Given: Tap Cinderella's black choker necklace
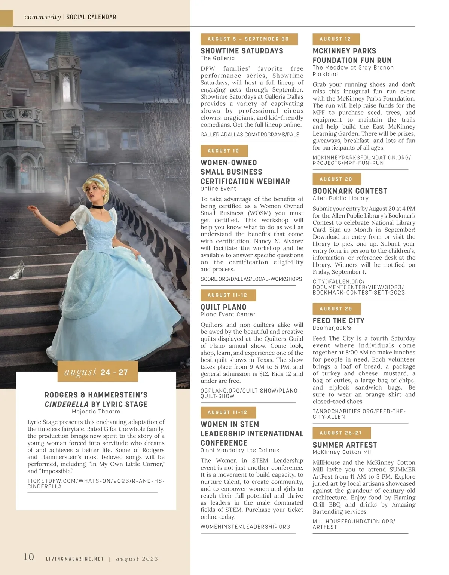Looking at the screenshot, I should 98,207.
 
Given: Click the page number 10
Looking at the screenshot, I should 29,557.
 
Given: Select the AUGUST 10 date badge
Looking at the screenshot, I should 224,151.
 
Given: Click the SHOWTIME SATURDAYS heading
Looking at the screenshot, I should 242,51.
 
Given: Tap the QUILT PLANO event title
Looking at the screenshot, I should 223,307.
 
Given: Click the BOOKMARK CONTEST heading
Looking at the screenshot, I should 350,191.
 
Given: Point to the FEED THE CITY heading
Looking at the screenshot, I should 339,320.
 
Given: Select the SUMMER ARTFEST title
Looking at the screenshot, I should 345,445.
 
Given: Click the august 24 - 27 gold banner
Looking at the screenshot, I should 97,372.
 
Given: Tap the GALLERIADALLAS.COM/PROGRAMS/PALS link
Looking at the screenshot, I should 250,135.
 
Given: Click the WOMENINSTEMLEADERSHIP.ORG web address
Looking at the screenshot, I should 245,526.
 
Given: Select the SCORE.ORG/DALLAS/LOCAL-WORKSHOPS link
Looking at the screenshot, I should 251,279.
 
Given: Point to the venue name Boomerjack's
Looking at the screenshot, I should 332,328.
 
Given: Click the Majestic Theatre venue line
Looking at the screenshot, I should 96,412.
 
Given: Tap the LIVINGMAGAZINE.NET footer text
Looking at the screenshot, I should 74,559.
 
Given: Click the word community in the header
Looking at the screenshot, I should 42,17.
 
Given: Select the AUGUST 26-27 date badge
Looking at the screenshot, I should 341,433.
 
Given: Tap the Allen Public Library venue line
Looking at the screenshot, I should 340,198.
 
